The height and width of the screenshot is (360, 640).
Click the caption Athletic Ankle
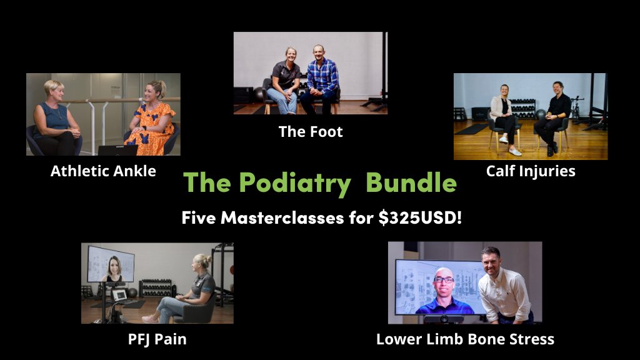103,171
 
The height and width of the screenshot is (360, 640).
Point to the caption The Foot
311,131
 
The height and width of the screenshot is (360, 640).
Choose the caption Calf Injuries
531,171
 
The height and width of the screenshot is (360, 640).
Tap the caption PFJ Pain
157,339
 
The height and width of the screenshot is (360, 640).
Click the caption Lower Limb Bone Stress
465,339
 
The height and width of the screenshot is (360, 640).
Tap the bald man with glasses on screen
444,291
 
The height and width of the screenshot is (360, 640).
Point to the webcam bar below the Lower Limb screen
444,319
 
